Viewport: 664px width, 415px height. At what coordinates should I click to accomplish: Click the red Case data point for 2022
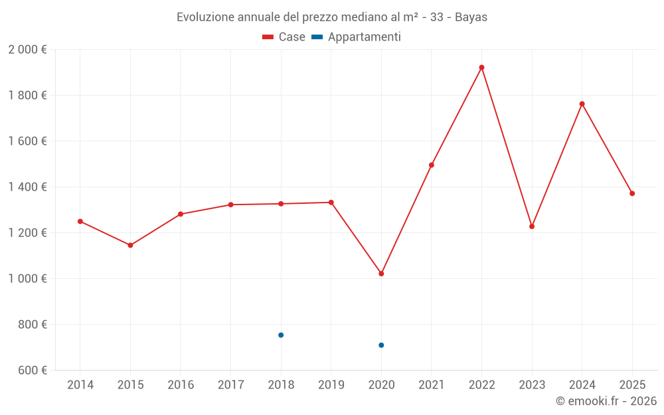481,68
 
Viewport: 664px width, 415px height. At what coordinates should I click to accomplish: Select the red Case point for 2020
381,274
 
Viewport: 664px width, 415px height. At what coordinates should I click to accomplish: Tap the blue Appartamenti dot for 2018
281,335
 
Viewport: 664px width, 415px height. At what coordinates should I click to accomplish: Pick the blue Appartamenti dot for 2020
381,345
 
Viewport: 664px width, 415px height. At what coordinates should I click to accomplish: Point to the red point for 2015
130,245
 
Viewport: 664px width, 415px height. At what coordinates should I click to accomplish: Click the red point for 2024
582,104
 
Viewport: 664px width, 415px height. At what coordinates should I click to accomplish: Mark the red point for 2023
532,226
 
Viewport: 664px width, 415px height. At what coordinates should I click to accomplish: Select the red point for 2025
632,193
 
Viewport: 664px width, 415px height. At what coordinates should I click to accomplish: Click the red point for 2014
80,222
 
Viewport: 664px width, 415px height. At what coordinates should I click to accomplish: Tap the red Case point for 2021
432,165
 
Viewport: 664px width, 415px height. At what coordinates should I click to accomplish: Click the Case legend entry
284,37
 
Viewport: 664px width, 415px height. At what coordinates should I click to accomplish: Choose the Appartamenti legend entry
356,37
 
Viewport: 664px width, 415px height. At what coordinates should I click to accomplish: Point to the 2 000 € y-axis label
27,50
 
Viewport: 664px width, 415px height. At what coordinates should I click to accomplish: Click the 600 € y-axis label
33,370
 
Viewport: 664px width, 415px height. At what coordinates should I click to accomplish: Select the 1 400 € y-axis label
27,187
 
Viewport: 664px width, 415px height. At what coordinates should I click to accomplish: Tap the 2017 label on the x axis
231,385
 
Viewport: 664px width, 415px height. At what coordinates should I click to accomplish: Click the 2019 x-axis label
331,385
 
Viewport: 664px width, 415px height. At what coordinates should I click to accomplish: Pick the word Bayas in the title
471,17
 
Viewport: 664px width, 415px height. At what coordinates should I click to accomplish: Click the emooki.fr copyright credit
606,401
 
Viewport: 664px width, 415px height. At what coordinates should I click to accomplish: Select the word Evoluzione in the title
205,17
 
